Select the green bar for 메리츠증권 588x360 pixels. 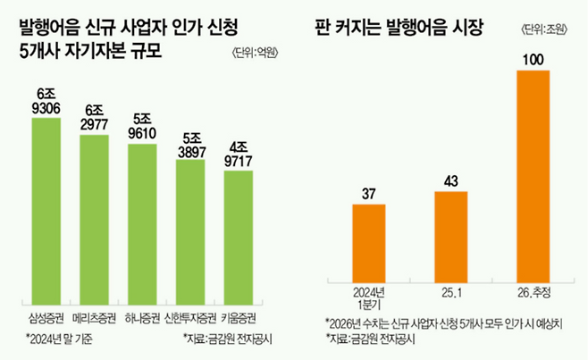tap(94, 217)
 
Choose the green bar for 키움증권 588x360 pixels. tap(237, 235)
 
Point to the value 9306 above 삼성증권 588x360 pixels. tap(46, 107)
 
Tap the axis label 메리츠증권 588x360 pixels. tap(94, 317)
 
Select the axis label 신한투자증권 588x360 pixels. tap(189, 317)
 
